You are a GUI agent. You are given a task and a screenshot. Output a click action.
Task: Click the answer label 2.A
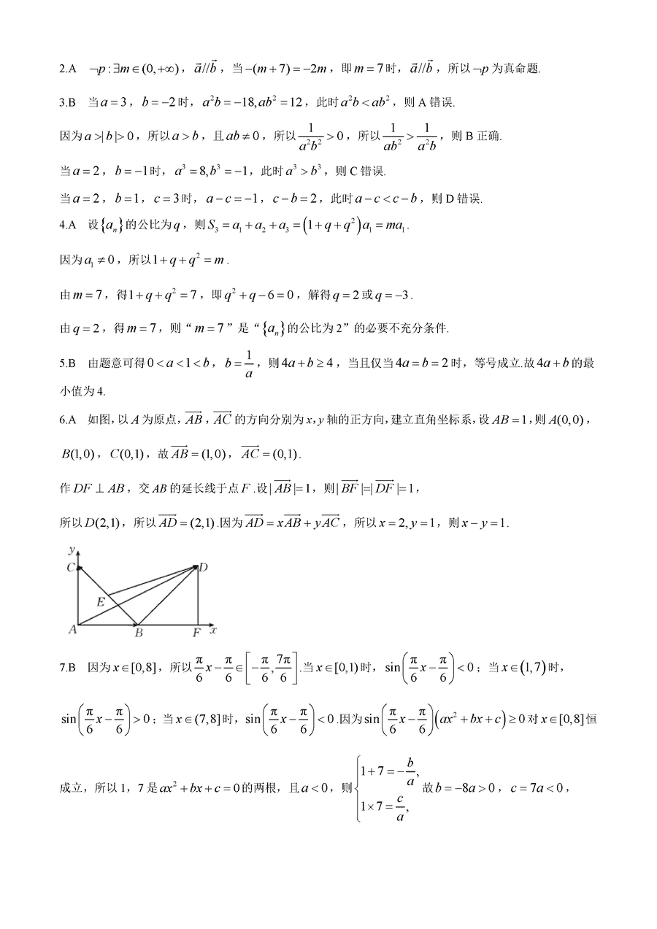(67, 69)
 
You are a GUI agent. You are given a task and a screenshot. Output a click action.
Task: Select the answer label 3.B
(67, 104)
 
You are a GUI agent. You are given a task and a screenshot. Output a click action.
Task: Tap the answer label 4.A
(67, 226)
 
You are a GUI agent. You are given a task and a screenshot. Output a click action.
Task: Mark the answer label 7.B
(67, 667)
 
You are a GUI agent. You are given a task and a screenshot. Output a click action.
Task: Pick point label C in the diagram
(69, 567)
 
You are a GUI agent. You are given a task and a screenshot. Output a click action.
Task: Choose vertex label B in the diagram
(138, 633)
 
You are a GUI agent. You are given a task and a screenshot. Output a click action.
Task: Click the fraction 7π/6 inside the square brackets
(285, 667)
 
